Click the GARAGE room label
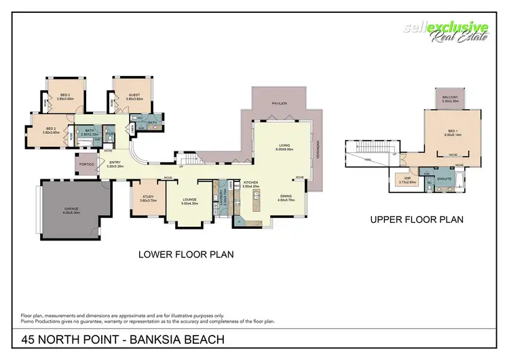pyautogui.click(x=73, y=210)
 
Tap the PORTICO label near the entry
pyautogui.click(x=86, y=164)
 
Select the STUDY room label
pyautogui.click(x=148, y=198)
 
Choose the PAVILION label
pyautogui.click(x=280, y=104)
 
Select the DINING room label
pyautogui.click(x=285, y=198)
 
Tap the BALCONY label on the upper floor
pyautogui.click(x=451, y=98)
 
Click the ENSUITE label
pyautogui.click(x=445, y=179)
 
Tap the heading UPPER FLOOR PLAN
pyautogui.click(x=417, y=219)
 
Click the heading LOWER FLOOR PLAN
pyautogui.click(x=185, y=255)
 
